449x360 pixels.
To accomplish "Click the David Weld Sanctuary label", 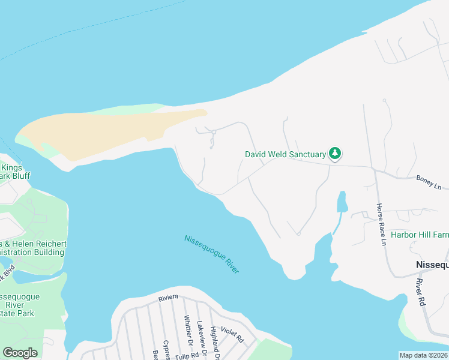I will (x=285, y=154).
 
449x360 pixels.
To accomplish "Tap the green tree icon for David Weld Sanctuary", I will (x=335, y=154).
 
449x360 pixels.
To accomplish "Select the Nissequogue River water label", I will (x=212, y=255).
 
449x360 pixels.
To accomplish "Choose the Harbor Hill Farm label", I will (x=420, y=235).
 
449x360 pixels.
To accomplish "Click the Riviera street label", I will (x=169, y=298).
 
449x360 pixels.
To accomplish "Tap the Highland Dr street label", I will (x=214, y=340).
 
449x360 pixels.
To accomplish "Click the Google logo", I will (x=20, y=353).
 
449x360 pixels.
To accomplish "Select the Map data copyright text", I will (x=423, y=355).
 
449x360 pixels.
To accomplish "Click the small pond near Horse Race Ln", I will (x=342, y=203).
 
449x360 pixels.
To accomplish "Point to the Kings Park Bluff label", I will (x=13, y=172).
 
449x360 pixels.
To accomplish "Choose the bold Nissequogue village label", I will (x=432, y=265).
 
